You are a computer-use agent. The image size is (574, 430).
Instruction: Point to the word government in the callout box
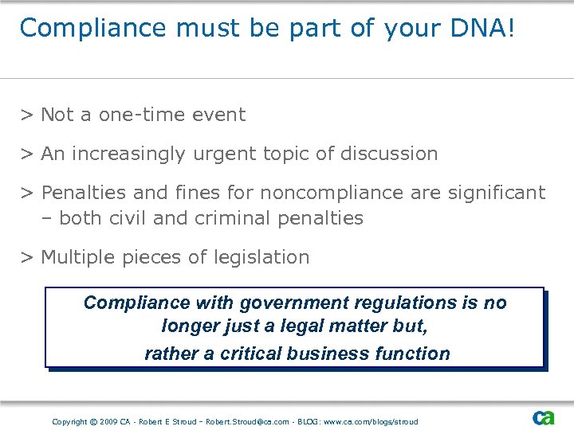tap(274, 303)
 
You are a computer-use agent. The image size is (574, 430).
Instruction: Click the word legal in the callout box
tap(269, 327)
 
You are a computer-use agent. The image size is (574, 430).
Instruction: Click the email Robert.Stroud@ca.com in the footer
tap(247, 421)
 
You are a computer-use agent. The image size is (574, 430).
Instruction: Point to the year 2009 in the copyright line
tap(108, 421)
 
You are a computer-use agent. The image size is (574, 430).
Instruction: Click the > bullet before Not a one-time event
tap(26, 115)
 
